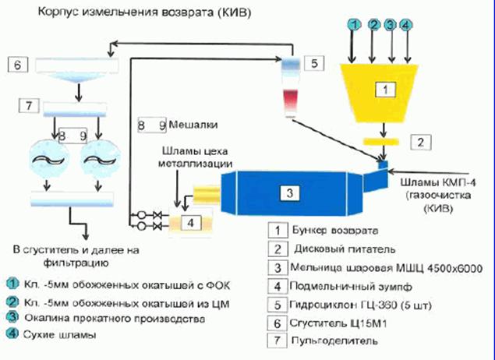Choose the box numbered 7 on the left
point(16,104)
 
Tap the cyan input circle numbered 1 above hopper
point(353,25)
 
